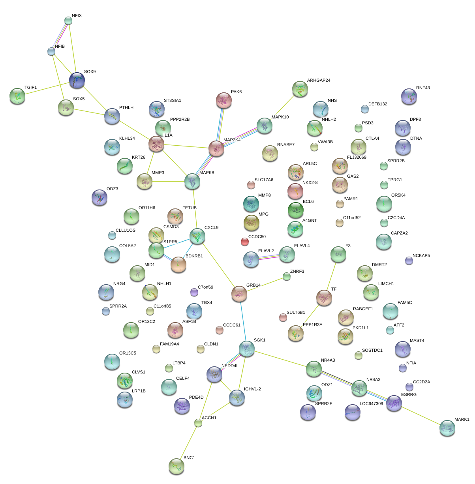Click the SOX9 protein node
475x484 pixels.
[77, 80]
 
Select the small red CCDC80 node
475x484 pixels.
[245, 242]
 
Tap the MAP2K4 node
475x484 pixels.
[216, 148]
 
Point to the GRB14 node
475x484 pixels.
[239, 294]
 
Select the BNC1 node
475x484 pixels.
[176, 466]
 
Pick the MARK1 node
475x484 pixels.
[447, 428]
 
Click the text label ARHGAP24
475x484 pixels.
[319, 81]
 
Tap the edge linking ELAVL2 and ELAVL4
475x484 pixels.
[269, 257]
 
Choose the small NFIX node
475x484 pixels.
[68, 21]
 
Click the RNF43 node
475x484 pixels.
[409, 96]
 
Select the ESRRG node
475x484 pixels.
[394, 403]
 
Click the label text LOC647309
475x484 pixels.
[371, 404]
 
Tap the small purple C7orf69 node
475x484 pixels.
[194, 292]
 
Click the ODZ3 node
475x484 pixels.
[99, 197]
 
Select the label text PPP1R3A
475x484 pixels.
[312, 325]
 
